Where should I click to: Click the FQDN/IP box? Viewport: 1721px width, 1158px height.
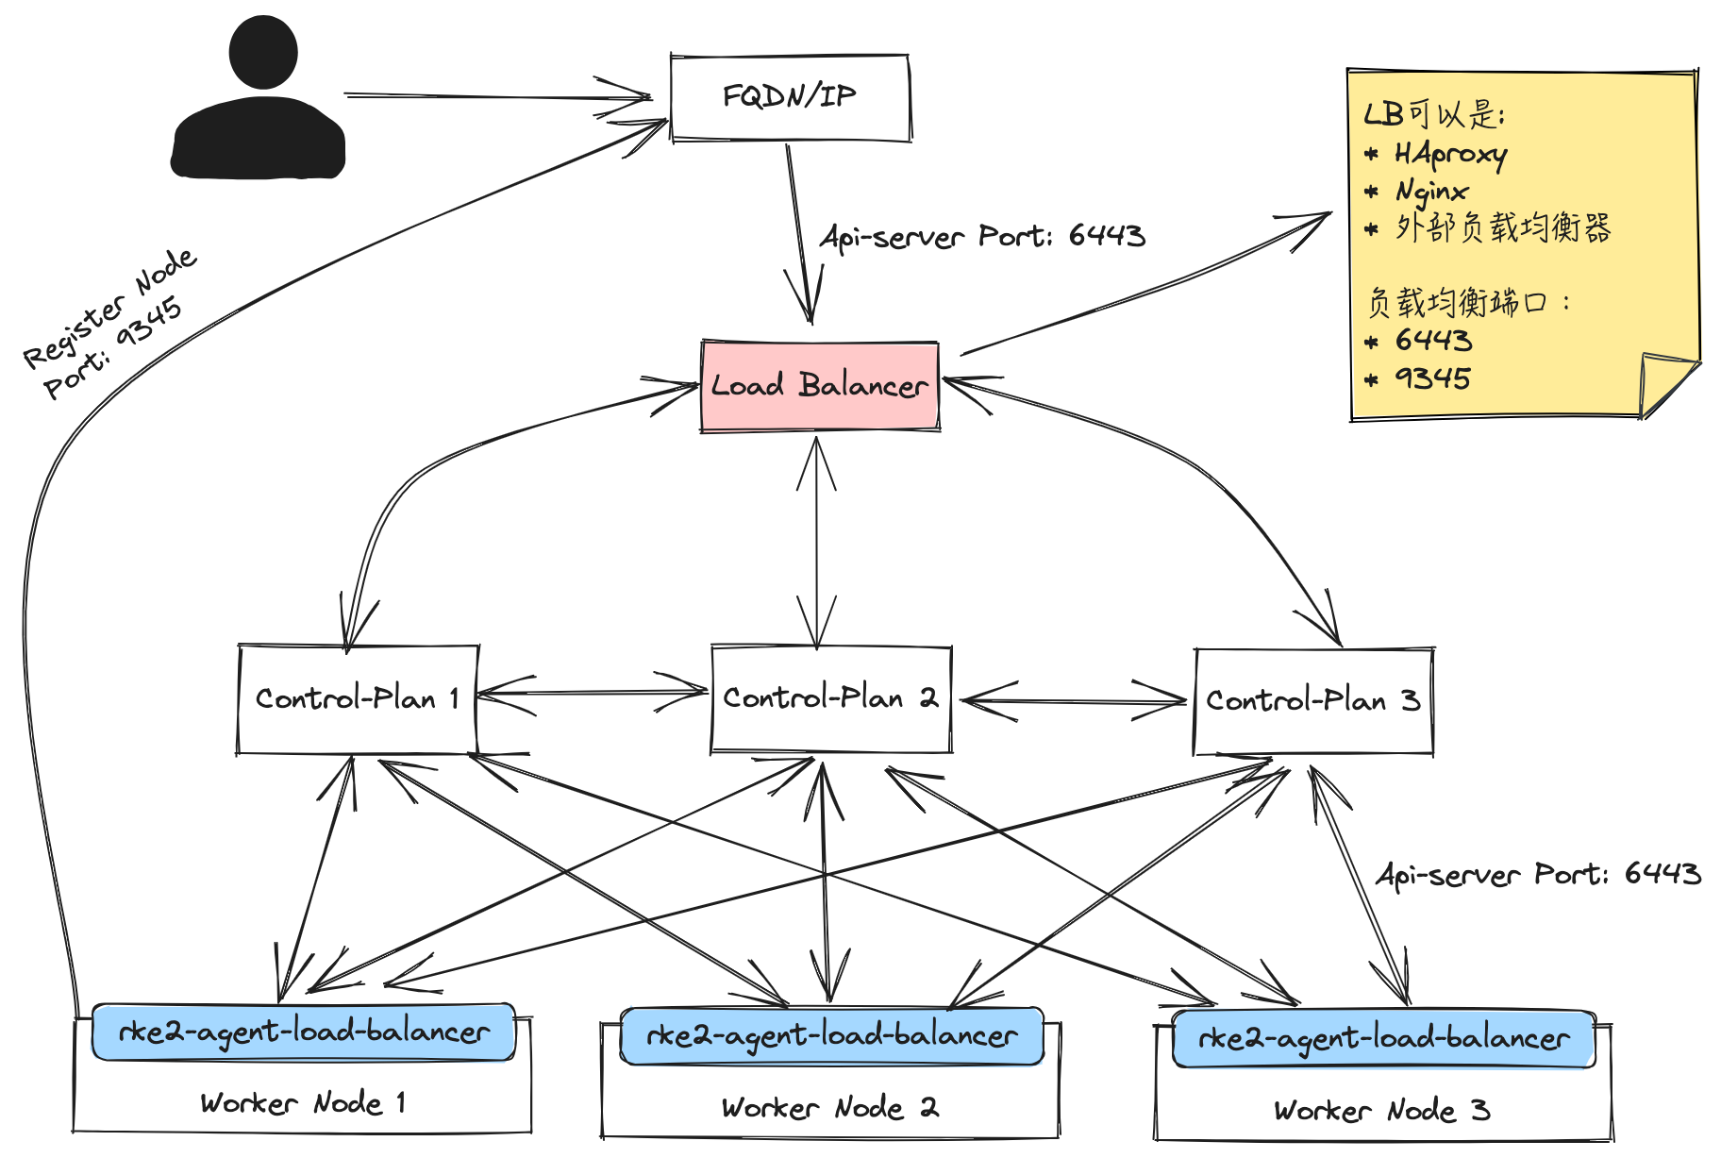point(790,97)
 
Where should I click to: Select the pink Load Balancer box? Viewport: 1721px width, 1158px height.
point(819,386)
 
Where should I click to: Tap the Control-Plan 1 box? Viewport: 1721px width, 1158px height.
point(357,699)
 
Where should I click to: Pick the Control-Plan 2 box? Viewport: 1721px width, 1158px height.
point(830,699)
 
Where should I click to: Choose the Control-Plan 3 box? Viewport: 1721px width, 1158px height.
point(1312,701)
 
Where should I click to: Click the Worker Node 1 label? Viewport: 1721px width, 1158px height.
point(303,1102)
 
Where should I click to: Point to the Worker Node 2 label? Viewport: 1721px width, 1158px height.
point(829,1107)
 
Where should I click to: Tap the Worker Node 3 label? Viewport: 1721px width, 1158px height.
point(1381,1110)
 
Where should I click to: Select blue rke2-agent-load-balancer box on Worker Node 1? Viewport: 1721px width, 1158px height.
point(303,1032)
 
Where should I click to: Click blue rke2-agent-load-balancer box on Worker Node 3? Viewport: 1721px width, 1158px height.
point(1383,1038)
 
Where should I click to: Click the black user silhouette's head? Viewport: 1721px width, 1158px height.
point(263,52)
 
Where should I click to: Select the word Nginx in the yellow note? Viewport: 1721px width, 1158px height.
point(1431,192)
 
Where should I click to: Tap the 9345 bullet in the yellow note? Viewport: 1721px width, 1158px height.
point(1432,378)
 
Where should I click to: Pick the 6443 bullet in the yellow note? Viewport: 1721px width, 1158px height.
point(1432,340)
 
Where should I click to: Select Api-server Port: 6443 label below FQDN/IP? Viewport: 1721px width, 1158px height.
point(982,236)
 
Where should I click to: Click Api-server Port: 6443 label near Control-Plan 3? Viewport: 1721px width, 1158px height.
point(1538,874)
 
